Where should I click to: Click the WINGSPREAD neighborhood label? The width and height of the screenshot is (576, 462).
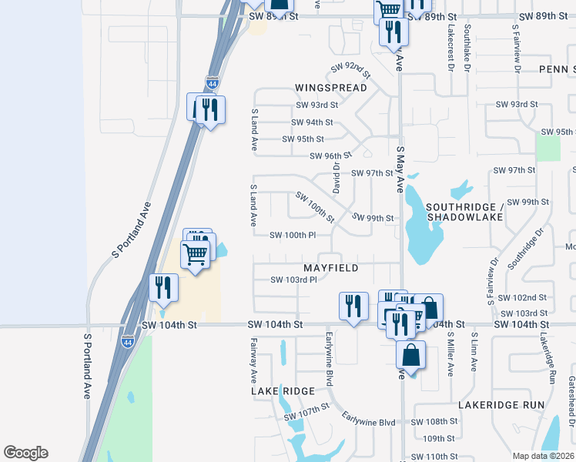[331, 88]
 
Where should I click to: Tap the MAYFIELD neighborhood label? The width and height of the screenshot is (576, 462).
[331, 268]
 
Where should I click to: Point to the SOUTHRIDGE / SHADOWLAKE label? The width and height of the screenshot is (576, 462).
[464, 212]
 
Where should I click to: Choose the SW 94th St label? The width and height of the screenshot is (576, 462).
[312, 122]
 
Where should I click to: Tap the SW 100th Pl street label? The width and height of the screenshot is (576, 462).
[293, 235]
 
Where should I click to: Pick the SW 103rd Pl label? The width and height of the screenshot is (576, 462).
[294, 280]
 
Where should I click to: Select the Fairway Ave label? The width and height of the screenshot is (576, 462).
[253, 360]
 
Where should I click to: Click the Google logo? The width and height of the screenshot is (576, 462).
[25, 453]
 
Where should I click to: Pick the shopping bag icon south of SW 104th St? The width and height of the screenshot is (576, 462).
[411, 356]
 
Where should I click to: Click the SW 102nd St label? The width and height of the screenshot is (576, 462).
[522, 298]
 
